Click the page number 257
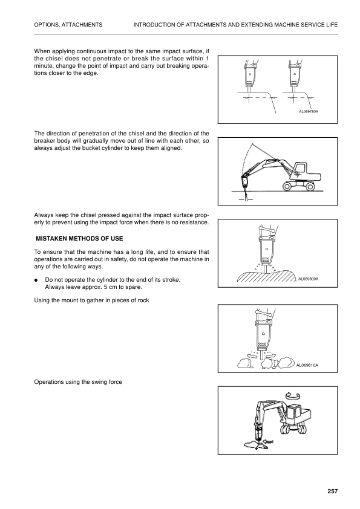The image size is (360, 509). [x=332, y=491]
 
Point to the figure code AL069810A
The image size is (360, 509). [x=308, y=365]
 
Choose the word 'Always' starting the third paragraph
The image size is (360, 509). [x=44, y=215]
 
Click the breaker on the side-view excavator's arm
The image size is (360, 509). [x=246, y=182]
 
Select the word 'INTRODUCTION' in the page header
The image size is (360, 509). [x=154, y=24]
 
